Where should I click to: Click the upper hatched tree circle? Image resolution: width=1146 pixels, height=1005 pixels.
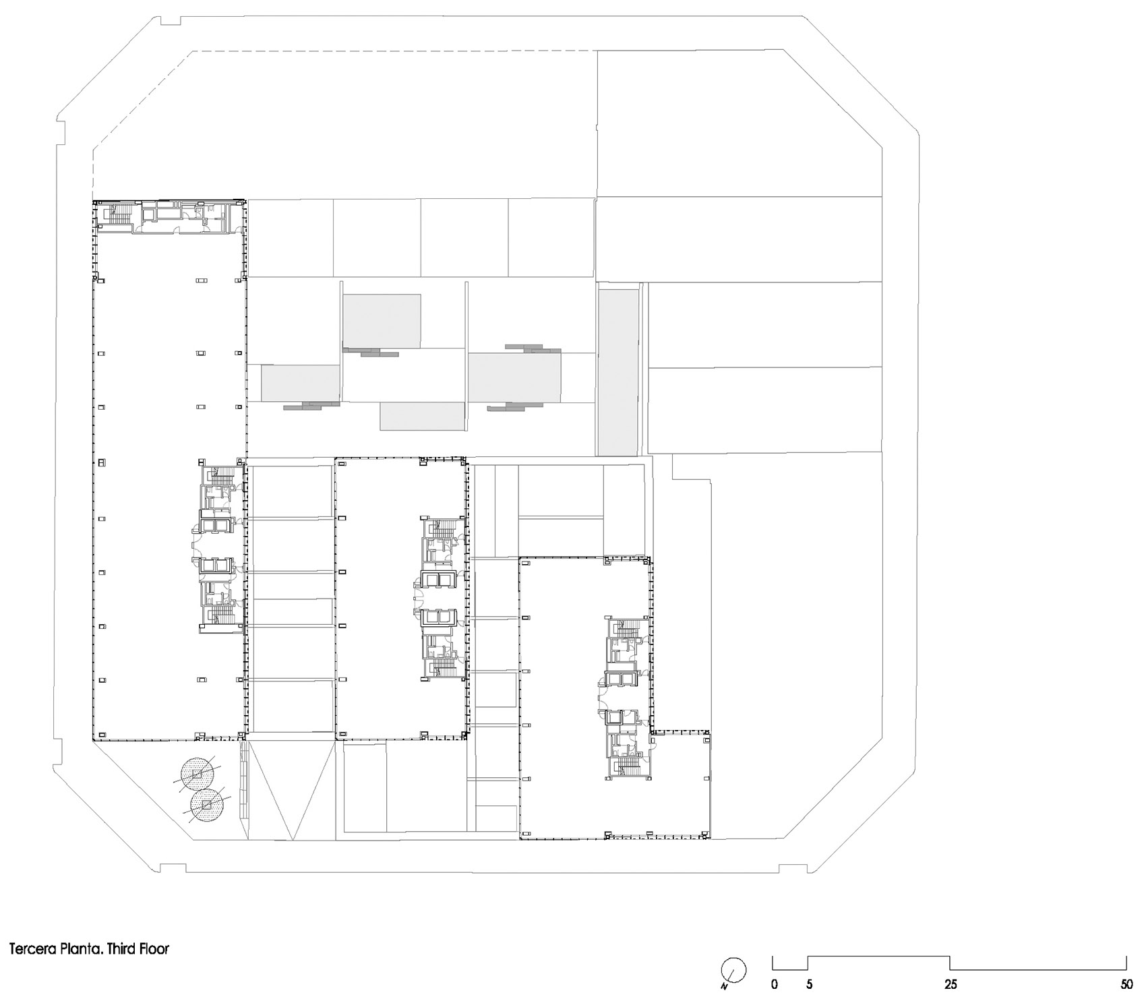197,774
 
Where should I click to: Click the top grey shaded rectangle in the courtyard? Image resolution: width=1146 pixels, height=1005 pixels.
382,321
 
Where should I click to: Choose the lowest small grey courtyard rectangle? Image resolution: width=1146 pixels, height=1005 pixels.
422,417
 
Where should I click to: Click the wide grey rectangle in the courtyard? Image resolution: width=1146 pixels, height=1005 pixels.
514,377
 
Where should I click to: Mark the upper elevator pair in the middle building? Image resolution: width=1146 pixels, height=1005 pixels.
439,579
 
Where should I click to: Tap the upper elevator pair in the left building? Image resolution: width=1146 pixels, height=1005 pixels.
216,525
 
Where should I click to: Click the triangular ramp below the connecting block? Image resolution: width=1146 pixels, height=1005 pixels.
293,789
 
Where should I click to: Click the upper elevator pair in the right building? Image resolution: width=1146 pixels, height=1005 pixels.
621,682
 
